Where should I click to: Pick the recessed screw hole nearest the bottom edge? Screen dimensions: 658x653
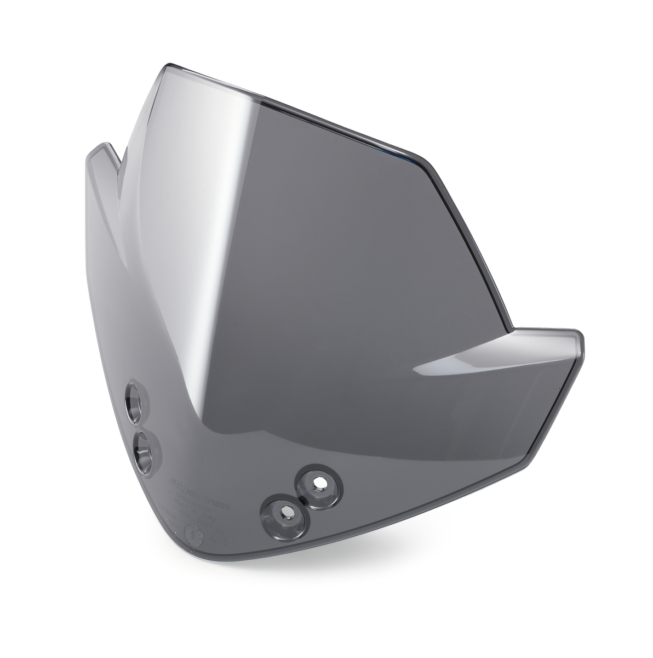point(285,511)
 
